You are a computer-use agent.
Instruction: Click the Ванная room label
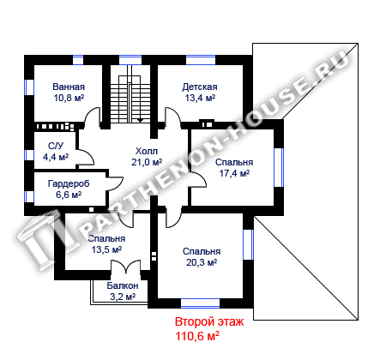[69, 87]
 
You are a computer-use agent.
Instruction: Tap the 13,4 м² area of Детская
[200, 98]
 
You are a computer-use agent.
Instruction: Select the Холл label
[147, 151]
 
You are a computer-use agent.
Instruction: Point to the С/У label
[56, 146]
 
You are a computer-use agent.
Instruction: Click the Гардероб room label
[69, 183]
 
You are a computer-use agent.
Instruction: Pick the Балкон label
[123, 285]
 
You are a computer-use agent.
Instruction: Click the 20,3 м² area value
[202, 262]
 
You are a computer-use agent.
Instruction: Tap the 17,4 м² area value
[234, 173]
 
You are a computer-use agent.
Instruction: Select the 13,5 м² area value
[106, 249]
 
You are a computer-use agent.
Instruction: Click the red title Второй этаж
[209, 321]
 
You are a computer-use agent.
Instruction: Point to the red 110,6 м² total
[197, 336]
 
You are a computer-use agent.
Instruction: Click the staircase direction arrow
[140, 121]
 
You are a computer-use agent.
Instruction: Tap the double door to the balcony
[125, 267]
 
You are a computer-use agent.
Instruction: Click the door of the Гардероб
[115, 183]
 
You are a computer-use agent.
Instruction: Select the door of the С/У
[86, 157]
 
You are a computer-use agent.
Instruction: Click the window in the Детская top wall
[201, 60]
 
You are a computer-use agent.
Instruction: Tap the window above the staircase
[130, 60]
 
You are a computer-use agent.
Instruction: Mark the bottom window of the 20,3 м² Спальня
[201, 303]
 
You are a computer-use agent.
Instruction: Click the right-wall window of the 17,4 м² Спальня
[279, 167]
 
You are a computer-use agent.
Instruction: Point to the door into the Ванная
[92, 117]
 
